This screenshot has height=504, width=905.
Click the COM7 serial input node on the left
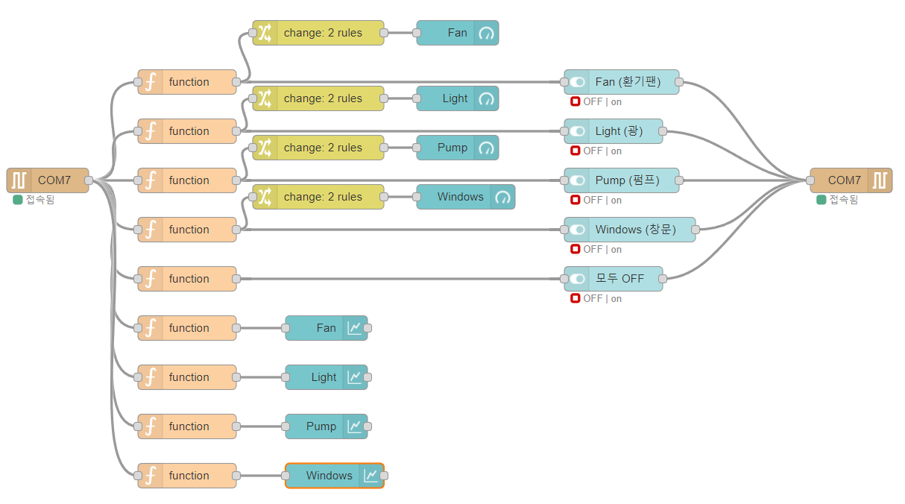(48, 180)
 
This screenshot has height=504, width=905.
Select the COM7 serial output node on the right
(851, 180)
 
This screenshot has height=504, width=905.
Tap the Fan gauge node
(457, 33)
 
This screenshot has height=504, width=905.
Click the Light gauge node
(457, 98)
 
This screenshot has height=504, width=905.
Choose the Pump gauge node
(457, 148)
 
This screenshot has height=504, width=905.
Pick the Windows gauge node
(465, 197)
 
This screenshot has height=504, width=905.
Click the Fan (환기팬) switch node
(621, 82)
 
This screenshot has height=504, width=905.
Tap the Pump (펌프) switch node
(621, 180)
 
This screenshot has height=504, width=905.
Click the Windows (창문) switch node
(629, 230)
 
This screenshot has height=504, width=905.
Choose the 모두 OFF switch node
(613, 279)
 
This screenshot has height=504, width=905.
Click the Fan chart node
(326, 328)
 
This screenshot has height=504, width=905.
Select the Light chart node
(326, 377)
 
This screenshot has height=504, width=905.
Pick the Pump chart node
(326, 426)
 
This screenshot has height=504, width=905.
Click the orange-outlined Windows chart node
(334, 476)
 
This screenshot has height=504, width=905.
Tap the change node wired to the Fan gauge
(318, 33)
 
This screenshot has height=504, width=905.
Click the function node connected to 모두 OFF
(187, 279)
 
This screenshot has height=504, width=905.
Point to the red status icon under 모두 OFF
(576, 298)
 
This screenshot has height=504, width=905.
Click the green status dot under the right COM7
(822, 200)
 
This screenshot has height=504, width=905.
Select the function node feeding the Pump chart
(187, 426)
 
